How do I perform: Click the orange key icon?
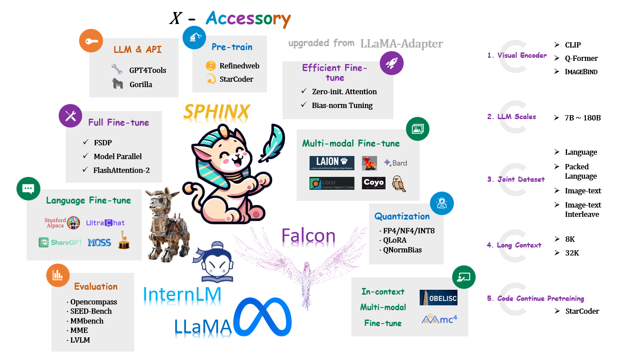pyautogui.click(x=91, y=41)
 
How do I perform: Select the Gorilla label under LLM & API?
pyautogui.click(x=141, y=84)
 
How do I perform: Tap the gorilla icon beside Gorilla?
pyautogui.click(x=117, y=84)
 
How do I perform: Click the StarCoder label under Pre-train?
pyautogui.click(x=236, y=79)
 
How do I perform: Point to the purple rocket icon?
pyautogui.click(x=392, y=63)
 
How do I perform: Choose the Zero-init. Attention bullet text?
pyautogui.click(x=344, y=92)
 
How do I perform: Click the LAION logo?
pyautogui.click(x=332, y=163)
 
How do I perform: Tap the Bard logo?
pyautogui.click(x=395, y=163)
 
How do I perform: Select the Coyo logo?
pyautogui.click(x=374, y=183)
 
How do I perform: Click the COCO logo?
pyautogui.click(x=332, y=183)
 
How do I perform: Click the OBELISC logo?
pyautogui.click(x=438, y=297)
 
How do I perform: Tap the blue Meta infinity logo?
pyautogui.click(x=263, y=317)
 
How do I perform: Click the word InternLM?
pyautogui.click(x=182, y=294)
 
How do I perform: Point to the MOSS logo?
pyautogui.click(x=99, y=243)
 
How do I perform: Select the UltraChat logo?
pyautogui.click(x=105, y=223)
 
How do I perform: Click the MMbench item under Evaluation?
pyautogui.click(x=87, y=321)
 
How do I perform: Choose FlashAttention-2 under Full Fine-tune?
pyautogui.click(x=121, y=170)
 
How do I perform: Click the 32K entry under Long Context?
pyautogui.click(x=572, y=253)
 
